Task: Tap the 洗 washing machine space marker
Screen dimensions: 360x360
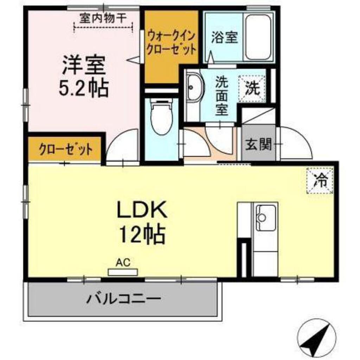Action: (x=252, y=88)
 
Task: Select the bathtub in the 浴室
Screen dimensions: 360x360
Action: (x=258, y=37)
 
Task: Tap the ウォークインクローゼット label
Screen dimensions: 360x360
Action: (x=171, y=41)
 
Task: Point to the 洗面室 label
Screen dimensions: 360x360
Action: (x=221, y=96)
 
